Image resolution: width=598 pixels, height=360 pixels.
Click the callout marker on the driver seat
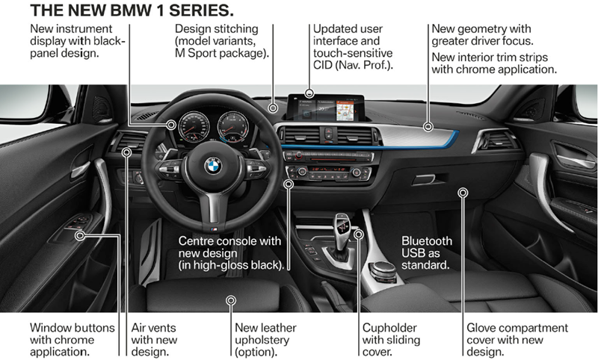coord(231,299)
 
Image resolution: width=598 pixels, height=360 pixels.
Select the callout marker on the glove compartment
coord(463,193)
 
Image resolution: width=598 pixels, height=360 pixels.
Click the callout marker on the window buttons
coord(79,236)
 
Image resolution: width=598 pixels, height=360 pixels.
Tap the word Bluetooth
coord(427,241)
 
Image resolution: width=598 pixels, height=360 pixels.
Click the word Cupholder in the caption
coord(389,328)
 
